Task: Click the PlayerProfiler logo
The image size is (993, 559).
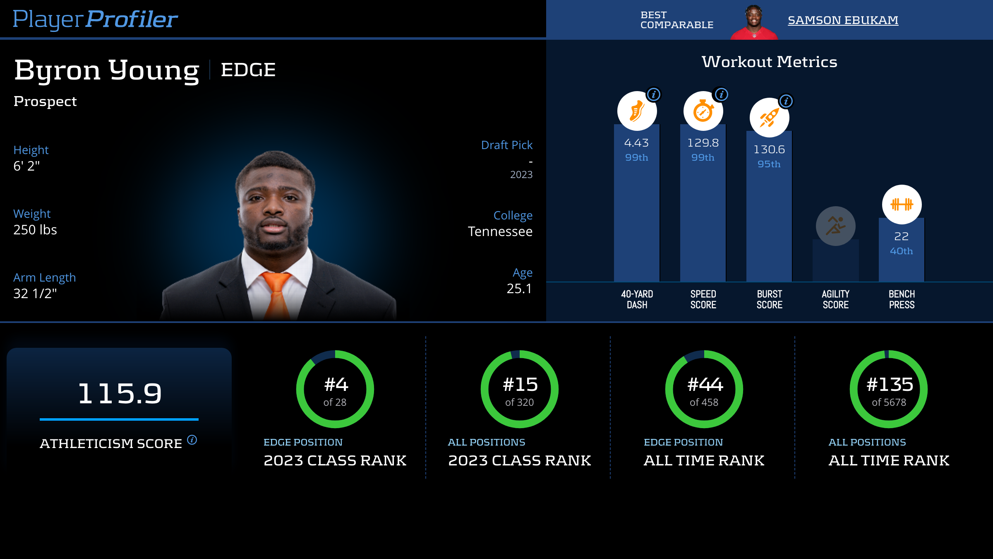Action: pos(95,19)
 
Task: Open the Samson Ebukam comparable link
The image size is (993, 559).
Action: pos(843,20)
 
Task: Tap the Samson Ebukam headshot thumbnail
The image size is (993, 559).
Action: pos(754,22)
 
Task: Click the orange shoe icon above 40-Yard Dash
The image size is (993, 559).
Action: pos(637,111)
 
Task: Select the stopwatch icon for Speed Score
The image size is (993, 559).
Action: pos(703,111)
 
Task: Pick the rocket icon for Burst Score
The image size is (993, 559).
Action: pos(769,118)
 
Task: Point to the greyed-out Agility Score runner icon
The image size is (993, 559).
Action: pos(835,226)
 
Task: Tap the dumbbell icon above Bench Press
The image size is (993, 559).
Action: pos(902,205)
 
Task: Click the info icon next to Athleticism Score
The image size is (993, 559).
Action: pos(192,440)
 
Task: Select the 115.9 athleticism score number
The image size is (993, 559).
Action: pos(120,393)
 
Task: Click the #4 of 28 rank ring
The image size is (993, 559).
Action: pos(335,389)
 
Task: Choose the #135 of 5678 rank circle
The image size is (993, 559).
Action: pos(889,389)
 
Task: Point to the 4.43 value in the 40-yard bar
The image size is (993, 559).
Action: pos(636,143)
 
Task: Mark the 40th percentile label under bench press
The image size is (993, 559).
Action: pos(901,251)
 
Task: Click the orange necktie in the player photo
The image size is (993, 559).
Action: pos(276,294)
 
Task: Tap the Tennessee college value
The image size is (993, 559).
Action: pos(500,231)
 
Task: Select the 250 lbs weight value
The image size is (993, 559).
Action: pos(35,230)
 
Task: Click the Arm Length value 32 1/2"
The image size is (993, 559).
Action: pos(35,294)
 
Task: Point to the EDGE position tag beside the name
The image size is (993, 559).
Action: pos(248,70)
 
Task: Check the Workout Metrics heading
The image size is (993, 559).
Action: pos(770,62)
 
